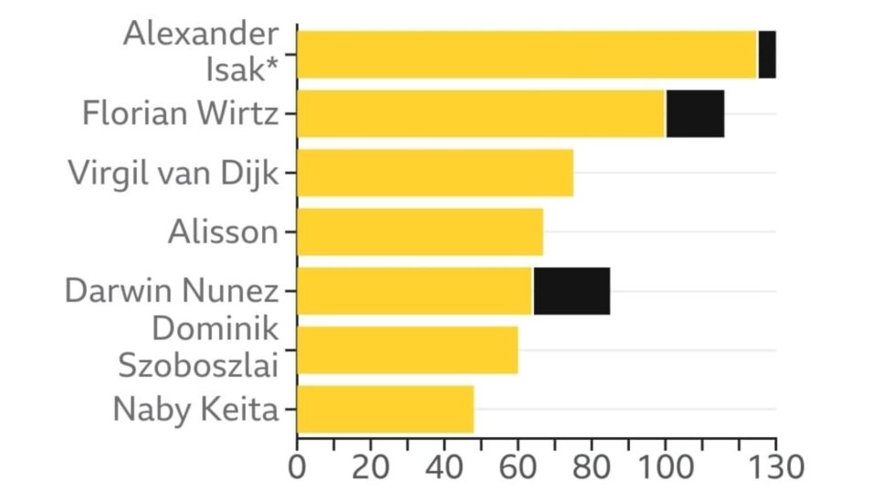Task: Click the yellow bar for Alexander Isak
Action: tap(527, 55)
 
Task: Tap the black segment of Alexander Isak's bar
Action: tap(767, 55)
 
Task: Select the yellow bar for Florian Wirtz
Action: tap(481, 114)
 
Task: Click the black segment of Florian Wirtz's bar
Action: tap(695, 114)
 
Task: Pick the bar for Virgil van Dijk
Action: tap(436, 173)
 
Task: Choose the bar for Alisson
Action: tap(420, 232)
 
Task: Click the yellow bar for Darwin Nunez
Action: tap(415, 291)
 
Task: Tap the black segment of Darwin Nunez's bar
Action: tap(572, 291)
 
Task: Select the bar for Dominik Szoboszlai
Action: tap(408, 350)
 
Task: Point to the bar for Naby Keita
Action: tap(385, 409)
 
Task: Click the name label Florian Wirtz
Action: tap(180, 114)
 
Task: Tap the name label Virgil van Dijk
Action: tap(173, 173)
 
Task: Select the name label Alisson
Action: tap(223, 232)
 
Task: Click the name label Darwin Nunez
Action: tap(172, 291)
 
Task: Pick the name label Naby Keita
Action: tap(194, 409)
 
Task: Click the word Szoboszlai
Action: tap(198, 364)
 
